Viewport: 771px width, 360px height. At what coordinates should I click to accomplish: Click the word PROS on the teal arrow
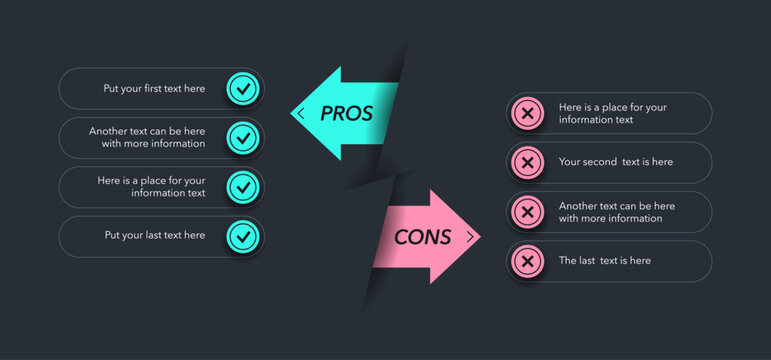pyautogui.click(x=347, y=113)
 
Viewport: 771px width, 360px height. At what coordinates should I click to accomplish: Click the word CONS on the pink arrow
pyautogui.click(x=422, y=237)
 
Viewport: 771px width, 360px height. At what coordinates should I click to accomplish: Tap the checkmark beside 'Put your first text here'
pyautogui.click(x=242, y=88)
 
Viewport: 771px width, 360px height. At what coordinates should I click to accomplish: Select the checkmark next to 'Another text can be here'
pyautogui.click(x=242, y=137)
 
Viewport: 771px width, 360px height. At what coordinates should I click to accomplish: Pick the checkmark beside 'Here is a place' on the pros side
pyautogui.click(x=242, y=187)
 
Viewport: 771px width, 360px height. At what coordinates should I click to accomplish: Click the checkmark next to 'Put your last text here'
pyautogui.click(x=242, y=236)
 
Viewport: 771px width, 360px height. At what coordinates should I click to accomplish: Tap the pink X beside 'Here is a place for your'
pyautogui.click(x=527, y=113)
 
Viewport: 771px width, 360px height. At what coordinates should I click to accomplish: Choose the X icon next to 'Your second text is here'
pyautogui.click(x=527, y=162)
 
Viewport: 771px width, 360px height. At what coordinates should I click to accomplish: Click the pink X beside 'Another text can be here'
pyautogui.click(x=527, y=212)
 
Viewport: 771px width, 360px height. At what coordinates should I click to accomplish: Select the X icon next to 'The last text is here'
pyautogui.click(x=527, y=261)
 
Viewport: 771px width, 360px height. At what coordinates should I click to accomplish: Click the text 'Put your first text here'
pyautogui.click(x=154, y=88)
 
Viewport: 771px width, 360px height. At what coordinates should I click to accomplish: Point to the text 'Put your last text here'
pyautogui.click(x=154, y=236)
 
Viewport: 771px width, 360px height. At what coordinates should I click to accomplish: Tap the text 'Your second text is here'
pyautogui.click(x=615, y=162)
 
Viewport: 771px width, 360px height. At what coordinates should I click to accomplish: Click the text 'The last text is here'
pyautogui.click(x=604, y=261)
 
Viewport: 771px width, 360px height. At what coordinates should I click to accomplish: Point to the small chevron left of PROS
pyautogui.click(x=301, y=113)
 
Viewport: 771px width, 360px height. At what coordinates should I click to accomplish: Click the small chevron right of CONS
pyautogui.click(x=469, y=237)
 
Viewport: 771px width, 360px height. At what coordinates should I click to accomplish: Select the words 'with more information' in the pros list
pyautogui.click(x=153, y=144)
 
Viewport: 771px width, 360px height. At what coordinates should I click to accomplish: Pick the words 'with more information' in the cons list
pyautogui.click(x=610, y=219)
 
